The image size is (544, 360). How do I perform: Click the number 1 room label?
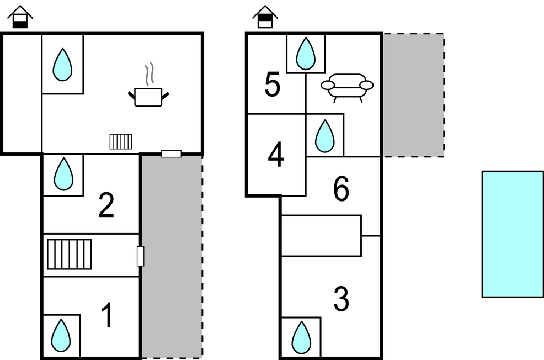point(108,316)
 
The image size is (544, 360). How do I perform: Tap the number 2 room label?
point(106,205)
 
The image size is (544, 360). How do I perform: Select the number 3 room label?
point(342,300)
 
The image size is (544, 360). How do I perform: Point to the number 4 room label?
point(276,155)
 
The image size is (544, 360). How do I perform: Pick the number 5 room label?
point(273,85)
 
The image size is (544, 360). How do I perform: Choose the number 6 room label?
point(342,190)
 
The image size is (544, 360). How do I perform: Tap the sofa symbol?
point(347,86)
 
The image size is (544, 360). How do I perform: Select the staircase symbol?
point(70,254)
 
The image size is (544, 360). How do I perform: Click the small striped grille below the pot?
point(121,141)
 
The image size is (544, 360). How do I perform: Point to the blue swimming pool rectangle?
point(513,234)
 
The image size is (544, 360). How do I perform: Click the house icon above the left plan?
point(20,17)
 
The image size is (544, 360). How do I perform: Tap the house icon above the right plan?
point(265,17)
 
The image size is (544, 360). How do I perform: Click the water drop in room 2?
point(63,174)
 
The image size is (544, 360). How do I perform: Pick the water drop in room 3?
point(301,337)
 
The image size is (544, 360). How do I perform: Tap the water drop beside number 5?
point(306,54)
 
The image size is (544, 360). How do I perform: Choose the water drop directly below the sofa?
point(325,136)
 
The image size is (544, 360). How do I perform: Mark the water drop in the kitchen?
point(62,65)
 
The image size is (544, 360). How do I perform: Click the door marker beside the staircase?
point(140,256)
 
